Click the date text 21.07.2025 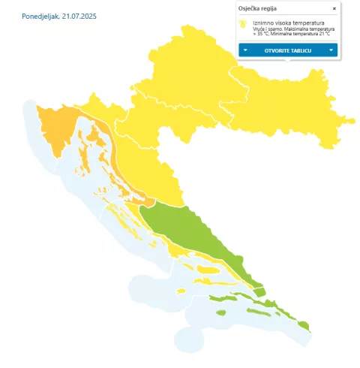pyautogui.click(x=79, y=16)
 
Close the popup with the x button pyautogui.click(x=334, y=8)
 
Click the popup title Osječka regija pyautogui.click(x=257, y=8)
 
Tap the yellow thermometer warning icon pyautogui.click(x=242, y=24)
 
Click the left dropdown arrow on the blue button pyautogui.click(x=245, y=50)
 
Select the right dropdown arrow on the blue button pyautogui.click(x=331, y=50)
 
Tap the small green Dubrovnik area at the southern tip pyautogui.click(x=304, y=325)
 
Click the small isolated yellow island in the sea pyautogui.click(x=179, y=291)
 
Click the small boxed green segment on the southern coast pyautogui.click(x=259, y=291)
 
